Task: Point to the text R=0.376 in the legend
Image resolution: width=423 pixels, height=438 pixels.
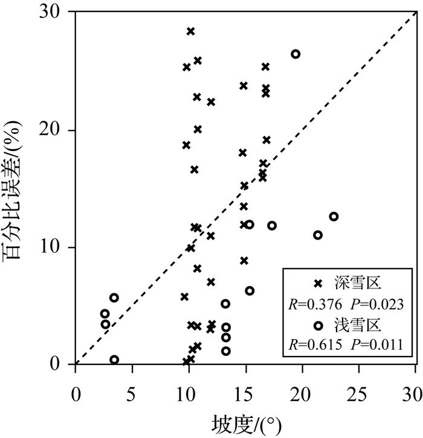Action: click(315, 304)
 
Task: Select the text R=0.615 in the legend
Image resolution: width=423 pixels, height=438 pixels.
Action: click(315, 346)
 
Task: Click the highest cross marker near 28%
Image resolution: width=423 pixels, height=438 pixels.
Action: click(190, 31)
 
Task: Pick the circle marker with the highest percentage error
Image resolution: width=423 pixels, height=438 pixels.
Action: click(295, 54)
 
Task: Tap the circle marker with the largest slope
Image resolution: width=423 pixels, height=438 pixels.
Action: click(334, 216)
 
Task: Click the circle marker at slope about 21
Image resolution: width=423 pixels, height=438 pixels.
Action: click(318, 235)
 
